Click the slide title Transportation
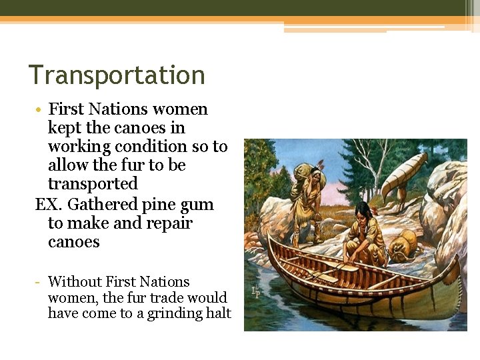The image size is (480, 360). pos(117,75)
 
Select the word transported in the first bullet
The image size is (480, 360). pos(93,183)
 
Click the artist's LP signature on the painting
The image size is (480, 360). pos(255,291)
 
